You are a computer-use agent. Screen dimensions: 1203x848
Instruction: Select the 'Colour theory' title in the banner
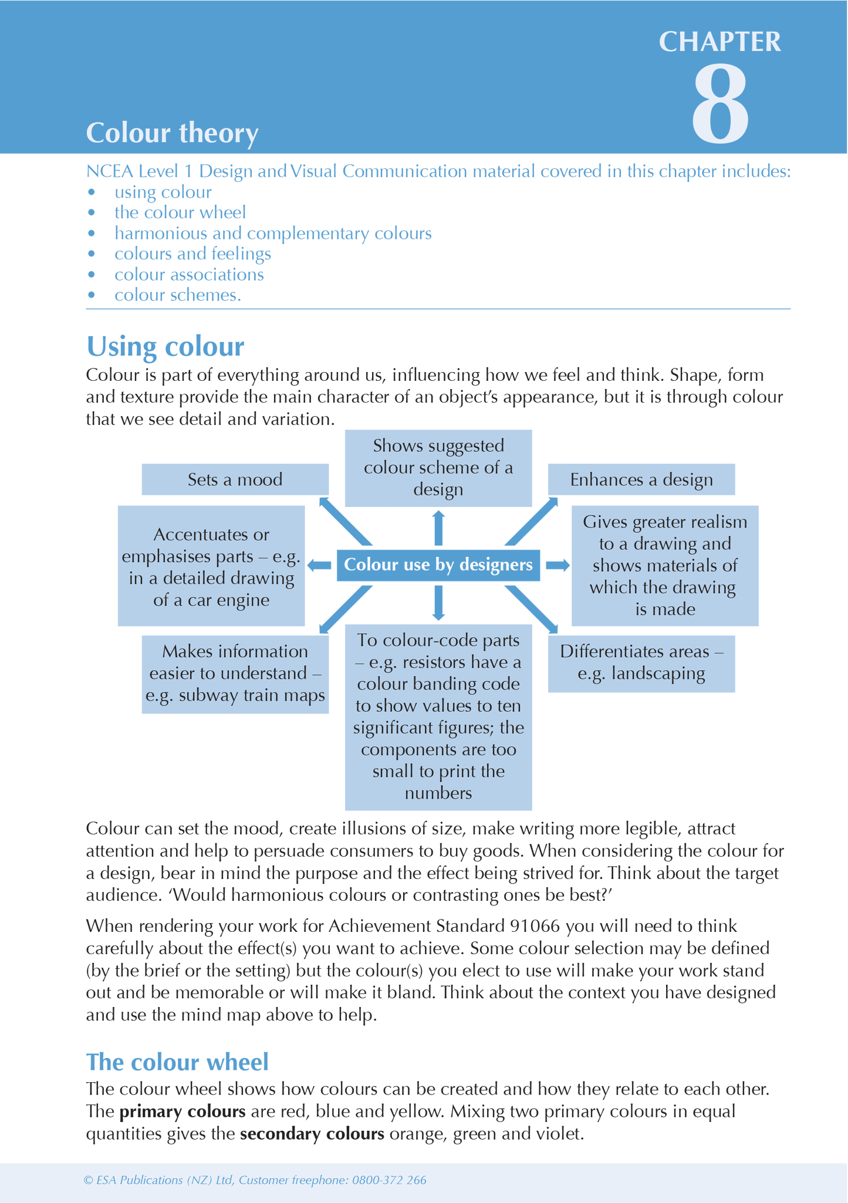click(x=172, y=133)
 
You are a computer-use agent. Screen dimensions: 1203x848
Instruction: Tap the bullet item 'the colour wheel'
click(x=180, y=212)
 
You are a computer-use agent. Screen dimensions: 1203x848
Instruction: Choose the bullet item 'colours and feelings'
click(x=192, y=254)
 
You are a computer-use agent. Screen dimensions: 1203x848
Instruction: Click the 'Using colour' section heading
click(x=165, y=346)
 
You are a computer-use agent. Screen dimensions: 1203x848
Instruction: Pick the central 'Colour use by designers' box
click(x=438, y=565)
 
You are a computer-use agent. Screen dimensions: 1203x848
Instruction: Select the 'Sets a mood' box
click(x=235, y=479)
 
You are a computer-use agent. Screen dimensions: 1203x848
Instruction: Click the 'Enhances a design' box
click(x=641, y=479)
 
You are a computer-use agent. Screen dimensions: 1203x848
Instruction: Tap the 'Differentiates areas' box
click(x=641, y=663)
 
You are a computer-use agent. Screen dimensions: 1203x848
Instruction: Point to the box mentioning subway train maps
click(x=235, y=674)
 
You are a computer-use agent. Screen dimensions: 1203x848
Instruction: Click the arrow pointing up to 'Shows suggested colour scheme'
click(x=438, y=528)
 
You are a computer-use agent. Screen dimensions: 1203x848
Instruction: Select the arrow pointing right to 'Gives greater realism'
click(x=558, y=565)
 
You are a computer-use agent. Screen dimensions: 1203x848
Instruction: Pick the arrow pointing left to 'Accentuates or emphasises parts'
click(x=320, y=565)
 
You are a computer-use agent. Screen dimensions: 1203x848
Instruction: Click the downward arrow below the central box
click(x=438, y=603)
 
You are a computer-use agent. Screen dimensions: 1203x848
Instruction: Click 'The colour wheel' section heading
click(x=177, y=1062)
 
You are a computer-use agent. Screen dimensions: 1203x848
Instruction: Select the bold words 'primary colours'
click(x=182, y=1111)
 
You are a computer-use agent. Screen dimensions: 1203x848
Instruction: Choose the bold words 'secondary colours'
click(x=312, y=1134)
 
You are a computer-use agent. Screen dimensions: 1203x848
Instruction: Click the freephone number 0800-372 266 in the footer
click(x=389, y=1180)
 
